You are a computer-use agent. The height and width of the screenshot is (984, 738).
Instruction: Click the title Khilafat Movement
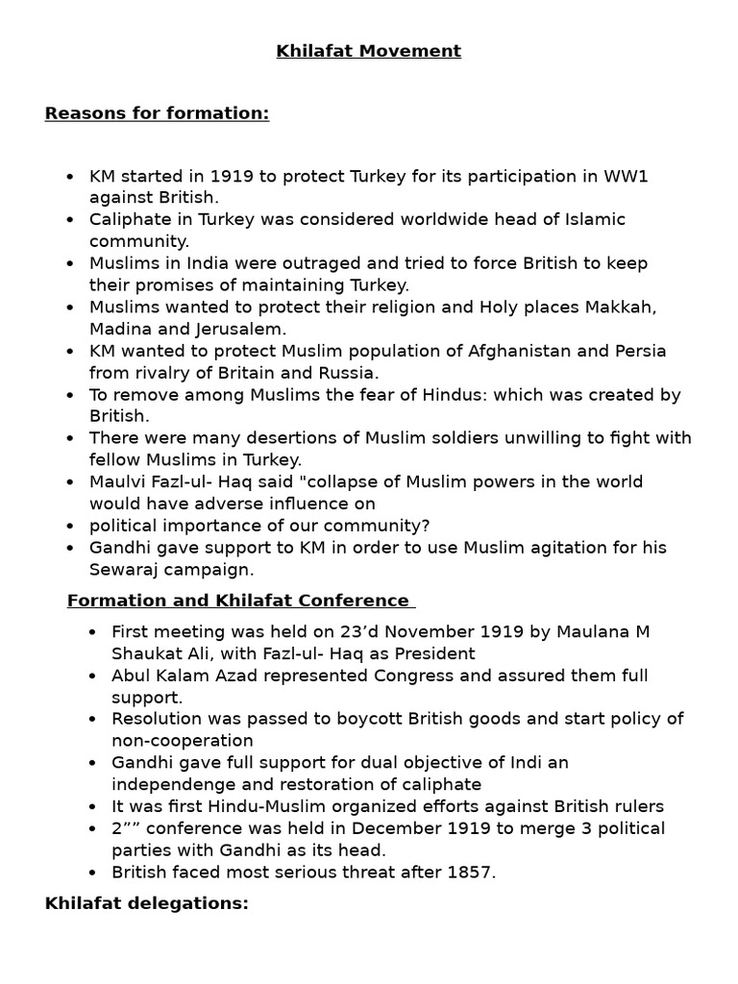coord(368,51)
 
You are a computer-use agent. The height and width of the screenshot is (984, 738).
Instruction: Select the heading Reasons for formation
coord(157,113)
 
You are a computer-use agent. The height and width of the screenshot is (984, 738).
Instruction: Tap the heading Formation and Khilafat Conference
coord(240,601)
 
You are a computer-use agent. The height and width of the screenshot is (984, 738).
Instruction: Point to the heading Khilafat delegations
coord(146,903)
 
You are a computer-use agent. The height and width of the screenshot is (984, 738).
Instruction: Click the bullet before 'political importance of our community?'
coord(71,526)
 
